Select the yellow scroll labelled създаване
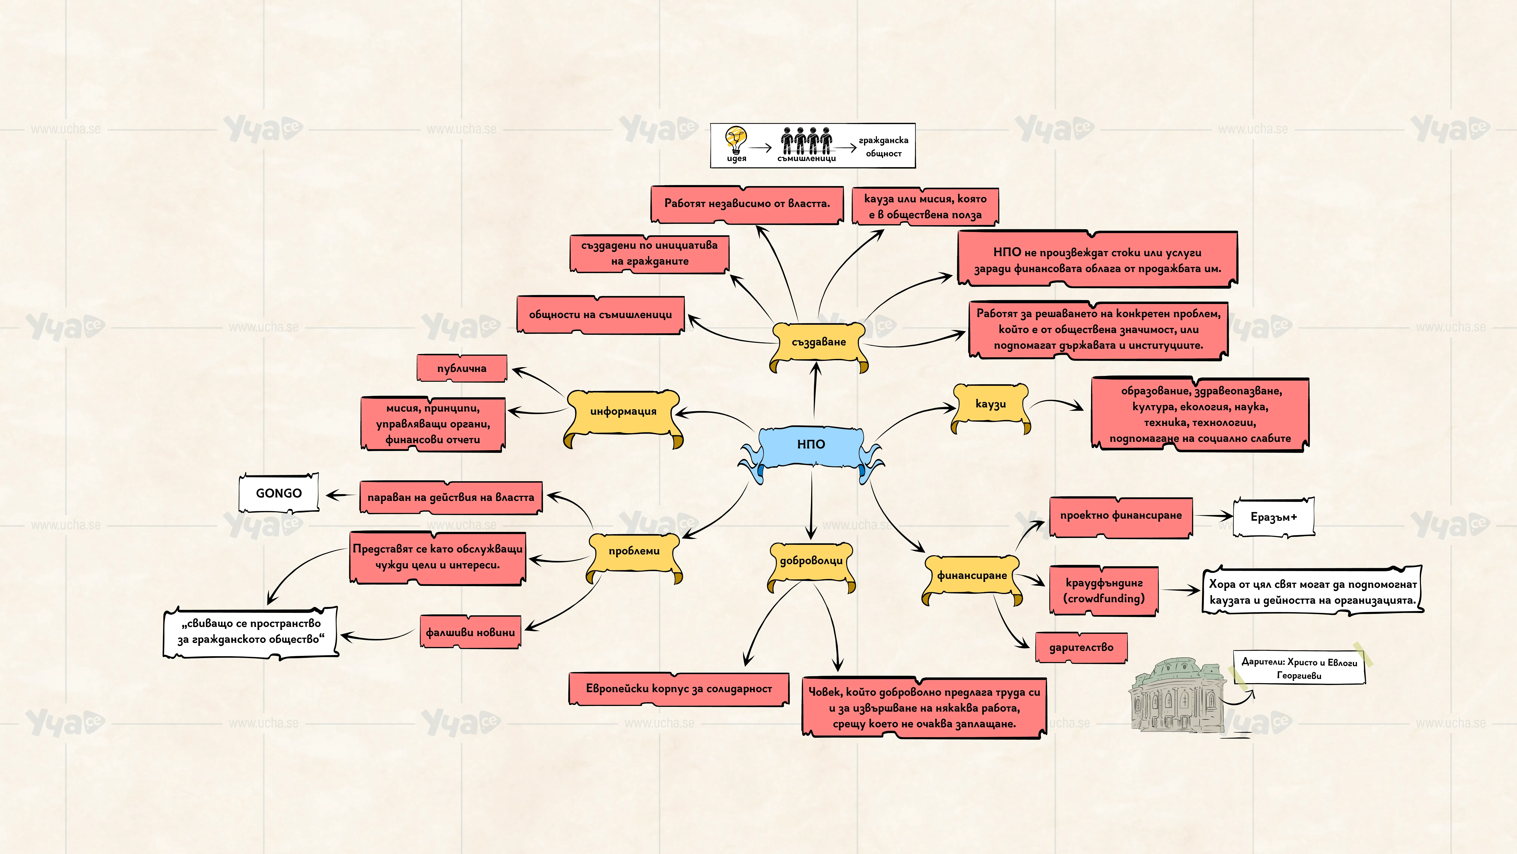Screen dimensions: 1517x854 [819, 344]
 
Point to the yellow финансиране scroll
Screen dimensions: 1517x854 [972, 577]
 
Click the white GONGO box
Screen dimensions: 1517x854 [279, 493]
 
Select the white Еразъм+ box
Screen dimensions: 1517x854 [1274, 517]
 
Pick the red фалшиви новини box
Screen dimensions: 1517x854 [470, 632]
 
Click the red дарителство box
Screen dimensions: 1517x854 [1081, 647]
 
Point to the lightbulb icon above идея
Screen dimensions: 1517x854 [736, 140]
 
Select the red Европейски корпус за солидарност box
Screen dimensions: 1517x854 [679, 688]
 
